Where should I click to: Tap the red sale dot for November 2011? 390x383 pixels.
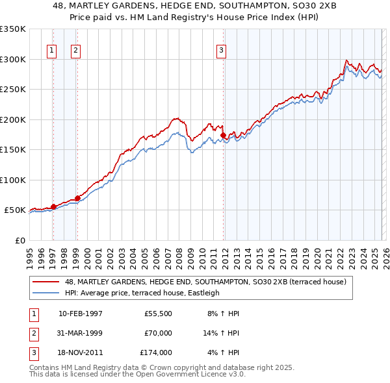click(223, 135)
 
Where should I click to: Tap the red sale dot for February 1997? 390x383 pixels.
click(53, 206)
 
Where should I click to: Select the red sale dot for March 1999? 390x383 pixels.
click(77, 198)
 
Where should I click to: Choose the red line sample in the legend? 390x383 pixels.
click(47, 282)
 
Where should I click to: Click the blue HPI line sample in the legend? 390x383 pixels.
click(47, 293)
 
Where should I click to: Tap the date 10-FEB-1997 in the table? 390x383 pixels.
click(81, 314)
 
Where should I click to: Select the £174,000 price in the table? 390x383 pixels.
click(155, 352)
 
